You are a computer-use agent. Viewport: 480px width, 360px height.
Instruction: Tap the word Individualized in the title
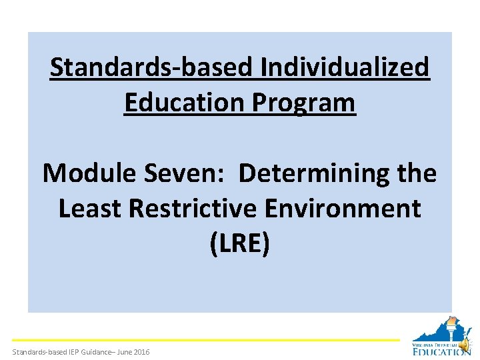(x=345, y=67)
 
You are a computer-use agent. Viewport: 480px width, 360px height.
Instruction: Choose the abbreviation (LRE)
(x=240, y=245)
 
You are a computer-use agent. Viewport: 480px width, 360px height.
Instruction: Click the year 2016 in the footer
(x=141, y=351)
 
